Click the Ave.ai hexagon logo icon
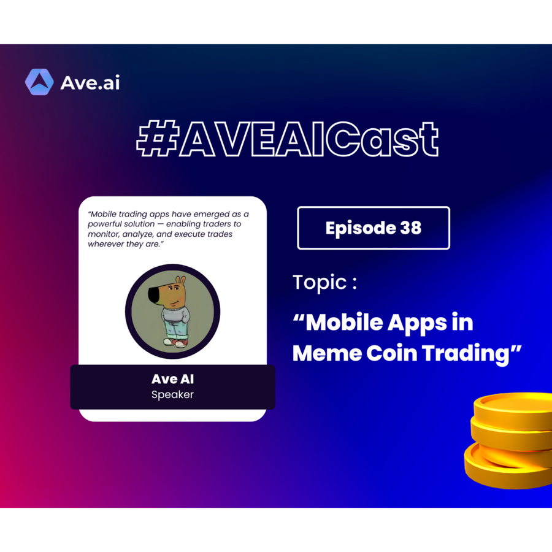[x=39, y=82]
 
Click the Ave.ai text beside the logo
[x=90, y=83]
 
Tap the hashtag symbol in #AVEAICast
[x=157, y=138]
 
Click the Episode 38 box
[x=374, y=228]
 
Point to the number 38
[x=411, y=228]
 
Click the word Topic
[x=320, y=282]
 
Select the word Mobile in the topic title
[x=344, y=322]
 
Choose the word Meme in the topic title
[x=327, y=353]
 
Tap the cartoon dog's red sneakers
[x=175, y=342]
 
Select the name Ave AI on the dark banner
[x=172, y=379]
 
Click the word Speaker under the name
[x=172, y=394]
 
